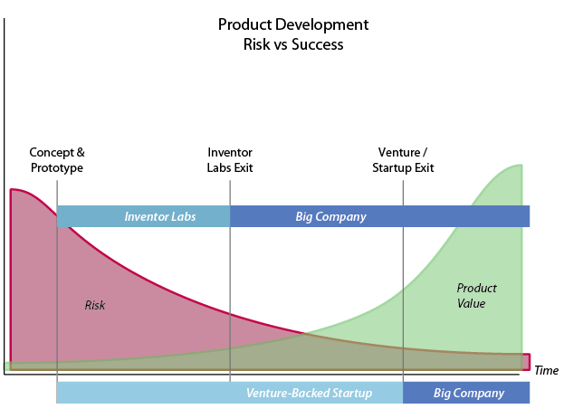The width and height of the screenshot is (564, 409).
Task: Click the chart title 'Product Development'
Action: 293,24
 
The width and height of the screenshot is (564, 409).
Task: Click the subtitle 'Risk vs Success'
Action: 293,44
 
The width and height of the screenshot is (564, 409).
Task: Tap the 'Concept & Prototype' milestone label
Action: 57,160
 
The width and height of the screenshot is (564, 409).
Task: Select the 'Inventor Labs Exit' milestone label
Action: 230,160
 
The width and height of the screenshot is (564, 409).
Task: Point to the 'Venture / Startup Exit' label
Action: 403,160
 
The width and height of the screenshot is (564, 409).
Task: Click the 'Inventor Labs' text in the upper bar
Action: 160,217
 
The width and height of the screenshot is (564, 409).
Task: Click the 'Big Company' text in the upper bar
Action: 331,217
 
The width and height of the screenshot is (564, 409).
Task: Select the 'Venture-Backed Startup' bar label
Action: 309,393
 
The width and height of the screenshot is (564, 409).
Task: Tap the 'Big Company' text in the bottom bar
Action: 469,393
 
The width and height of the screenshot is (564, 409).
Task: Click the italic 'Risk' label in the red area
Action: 95,305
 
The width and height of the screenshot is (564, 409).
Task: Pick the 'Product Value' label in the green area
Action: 476,295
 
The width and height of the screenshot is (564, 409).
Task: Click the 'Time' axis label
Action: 547,371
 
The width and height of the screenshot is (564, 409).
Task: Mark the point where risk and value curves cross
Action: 304,334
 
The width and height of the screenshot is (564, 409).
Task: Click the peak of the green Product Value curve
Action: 521,165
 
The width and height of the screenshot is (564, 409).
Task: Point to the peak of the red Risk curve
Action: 12,189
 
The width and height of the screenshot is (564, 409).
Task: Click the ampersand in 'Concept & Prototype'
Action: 81,152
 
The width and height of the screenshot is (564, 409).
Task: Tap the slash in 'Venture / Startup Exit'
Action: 425,152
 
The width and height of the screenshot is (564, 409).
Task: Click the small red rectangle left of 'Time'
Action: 526,362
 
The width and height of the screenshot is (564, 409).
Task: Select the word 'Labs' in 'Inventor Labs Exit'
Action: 219,167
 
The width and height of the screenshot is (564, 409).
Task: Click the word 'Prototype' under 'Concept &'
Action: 57,167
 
